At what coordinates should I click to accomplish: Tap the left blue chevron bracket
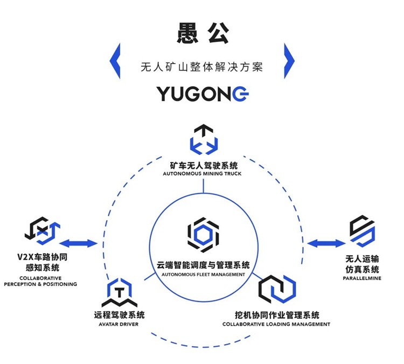(x=115, y=60)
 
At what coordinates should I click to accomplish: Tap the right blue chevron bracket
(x=289, y=60)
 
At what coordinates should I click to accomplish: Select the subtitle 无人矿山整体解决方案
(x=203, y=68)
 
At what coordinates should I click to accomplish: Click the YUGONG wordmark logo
(x=203, y=94)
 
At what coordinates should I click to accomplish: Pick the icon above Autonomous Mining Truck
(x=204, y=139)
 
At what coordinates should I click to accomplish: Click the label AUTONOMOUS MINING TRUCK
(x=204, y=174)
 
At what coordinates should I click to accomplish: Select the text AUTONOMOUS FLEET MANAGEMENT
(x=203, y=274)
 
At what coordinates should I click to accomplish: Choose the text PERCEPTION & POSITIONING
(x=40, y=284)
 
